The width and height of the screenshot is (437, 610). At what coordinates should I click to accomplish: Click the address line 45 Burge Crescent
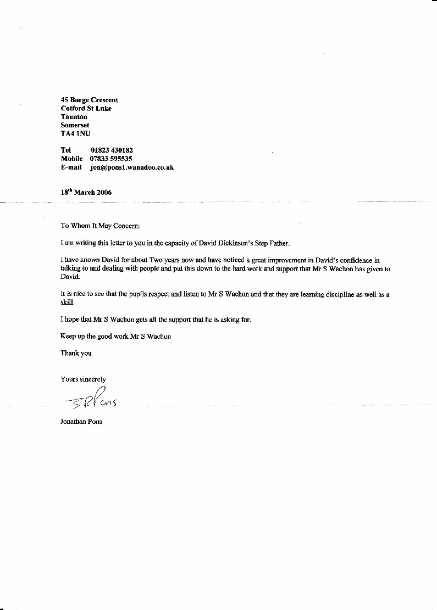(89, 100)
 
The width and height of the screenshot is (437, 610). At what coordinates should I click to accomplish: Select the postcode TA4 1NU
(75, 133)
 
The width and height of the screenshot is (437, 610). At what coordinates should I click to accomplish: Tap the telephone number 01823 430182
(112, 150)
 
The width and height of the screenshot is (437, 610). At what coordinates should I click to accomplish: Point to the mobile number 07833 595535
(111, 159)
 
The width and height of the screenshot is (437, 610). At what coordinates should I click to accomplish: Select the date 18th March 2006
(86, 192)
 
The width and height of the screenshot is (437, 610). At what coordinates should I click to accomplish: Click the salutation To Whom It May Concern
(101, 226)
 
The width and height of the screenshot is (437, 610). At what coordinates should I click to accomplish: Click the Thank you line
(76, 354)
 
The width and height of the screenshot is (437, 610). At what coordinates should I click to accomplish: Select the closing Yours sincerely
(83, 379)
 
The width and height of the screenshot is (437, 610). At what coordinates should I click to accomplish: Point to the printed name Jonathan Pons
(81, 423)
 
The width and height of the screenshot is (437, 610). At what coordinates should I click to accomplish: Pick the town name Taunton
(74, 117)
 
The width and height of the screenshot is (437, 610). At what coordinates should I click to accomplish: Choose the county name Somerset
(75, 125)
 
